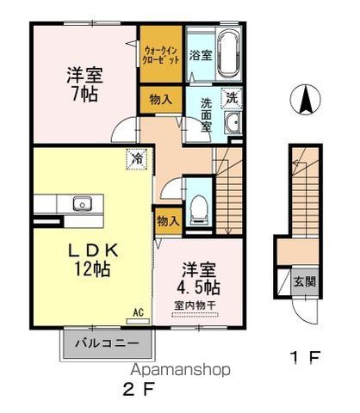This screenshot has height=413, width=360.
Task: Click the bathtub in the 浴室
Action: [x=228, y=54]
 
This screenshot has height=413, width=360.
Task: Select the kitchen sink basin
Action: [x=82, y=204]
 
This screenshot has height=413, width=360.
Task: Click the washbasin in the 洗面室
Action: [x=233, y=123]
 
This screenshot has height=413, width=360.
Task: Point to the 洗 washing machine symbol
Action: [x=232, y=98]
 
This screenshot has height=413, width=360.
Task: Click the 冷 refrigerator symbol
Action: [x=137, y=159]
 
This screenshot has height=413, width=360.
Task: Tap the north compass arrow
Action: [x=305, y=99]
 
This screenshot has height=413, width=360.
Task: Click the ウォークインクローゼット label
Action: [x=161, y=55]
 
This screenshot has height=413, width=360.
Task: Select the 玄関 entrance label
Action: [x=304, y=282]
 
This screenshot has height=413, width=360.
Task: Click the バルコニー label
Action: [x=107, y=343]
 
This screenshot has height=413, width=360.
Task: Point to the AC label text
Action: [x=138, y=312]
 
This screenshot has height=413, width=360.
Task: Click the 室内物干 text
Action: [x=195, y=305]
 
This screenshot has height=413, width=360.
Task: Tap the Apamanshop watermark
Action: [x=180, y=370]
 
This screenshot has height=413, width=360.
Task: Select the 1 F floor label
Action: [x=304, y=357]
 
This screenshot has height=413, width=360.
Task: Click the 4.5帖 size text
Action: [x=198, y=287]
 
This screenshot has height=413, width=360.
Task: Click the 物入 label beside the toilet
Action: [x=169, y=221]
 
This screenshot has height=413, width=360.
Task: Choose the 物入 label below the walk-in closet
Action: [x=161, y=100]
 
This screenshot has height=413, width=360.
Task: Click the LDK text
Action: [x=92, y=250]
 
